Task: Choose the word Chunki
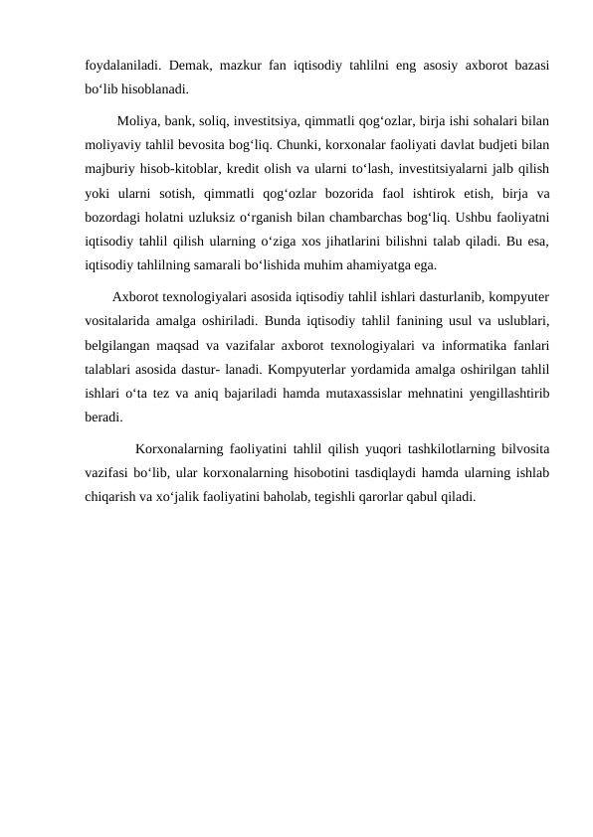282,145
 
